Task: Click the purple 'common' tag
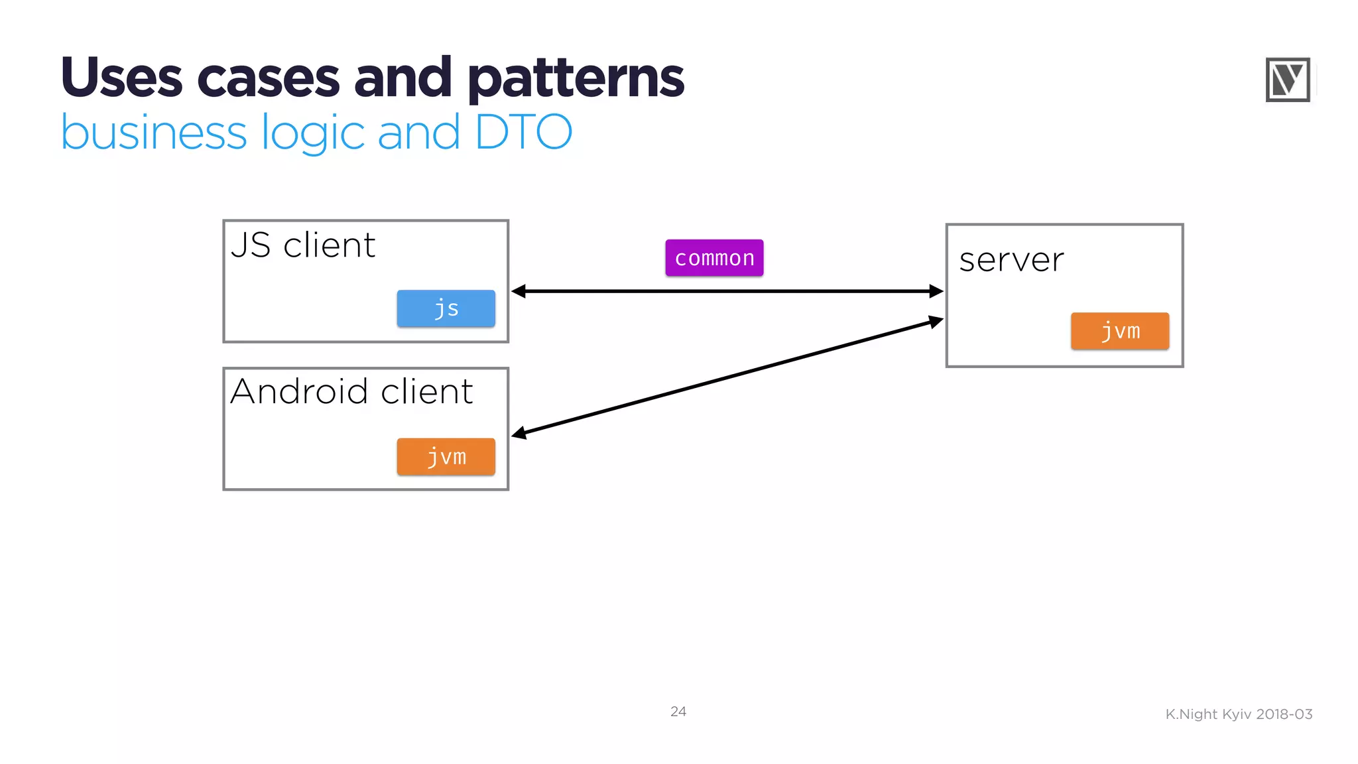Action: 714,258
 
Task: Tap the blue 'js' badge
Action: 446,308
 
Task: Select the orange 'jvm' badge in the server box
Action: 1119,331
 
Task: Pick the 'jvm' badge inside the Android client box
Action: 446,457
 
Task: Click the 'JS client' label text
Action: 303,245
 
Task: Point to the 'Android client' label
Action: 351,391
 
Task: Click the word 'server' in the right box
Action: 1011,259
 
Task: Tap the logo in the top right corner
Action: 1287,80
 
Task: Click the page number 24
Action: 678,712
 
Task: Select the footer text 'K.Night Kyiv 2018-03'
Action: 1239,714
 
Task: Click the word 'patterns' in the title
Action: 576,78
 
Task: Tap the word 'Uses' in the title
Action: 121,78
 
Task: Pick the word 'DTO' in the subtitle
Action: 523,132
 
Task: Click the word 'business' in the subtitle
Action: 154,132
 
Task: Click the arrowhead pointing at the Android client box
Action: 519,434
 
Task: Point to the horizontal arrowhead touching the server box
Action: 936,291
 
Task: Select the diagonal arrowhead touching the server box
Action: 936,322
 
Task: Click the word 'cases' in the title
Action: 268,78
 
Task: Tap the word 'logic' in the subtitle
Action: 312,132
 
